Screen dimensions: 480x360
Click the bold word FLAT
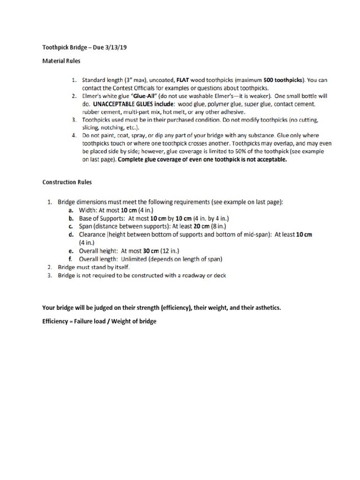click(183, 80)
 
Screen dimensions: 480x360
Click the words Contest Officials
click(126, 88)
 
